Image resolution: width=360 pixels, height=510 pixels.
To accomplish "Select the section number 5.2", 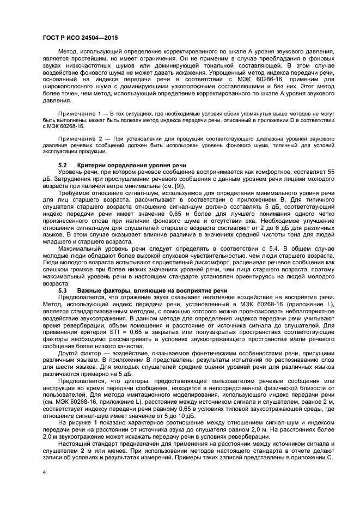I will click(62, 165).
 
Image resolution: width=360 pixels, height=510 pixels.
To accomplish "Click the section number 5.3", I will click(62, 290).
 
